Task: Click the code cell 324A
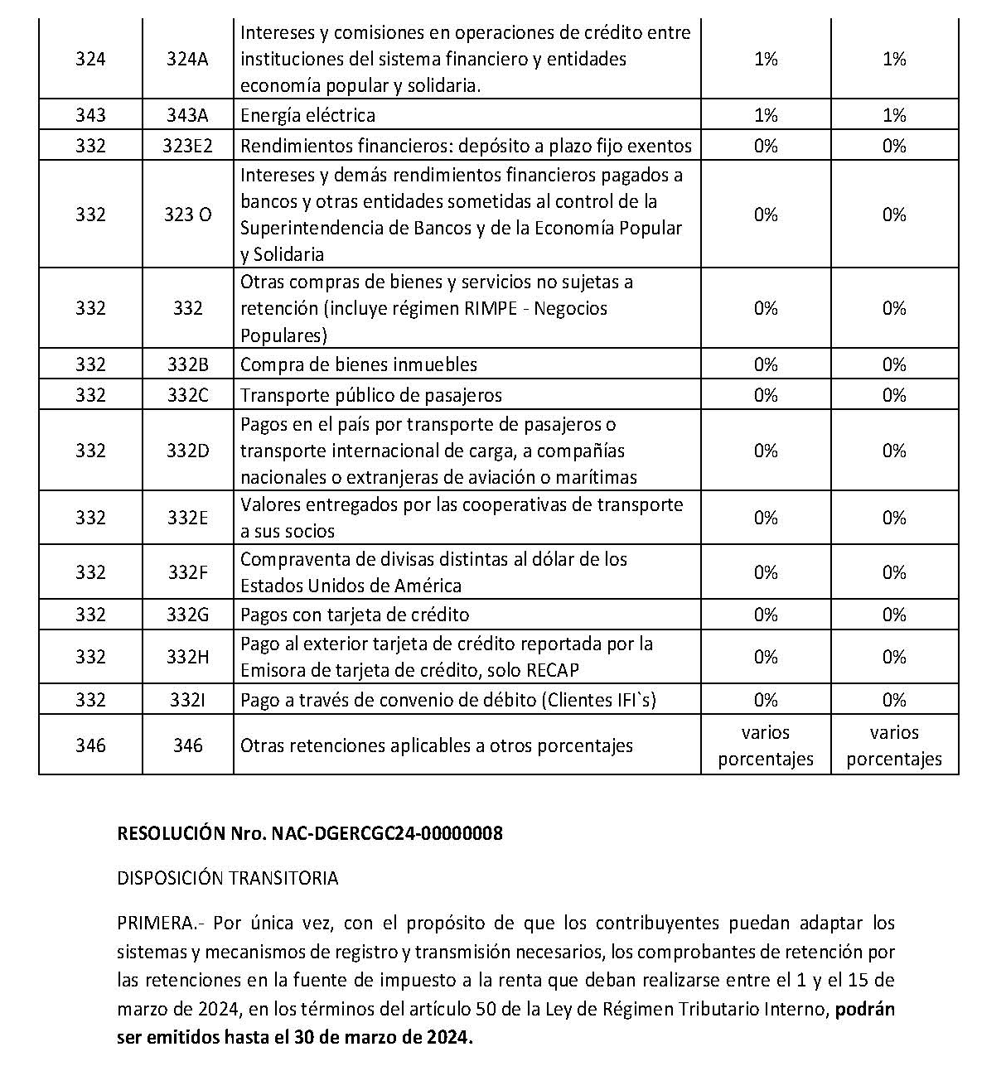[x=187, y=60]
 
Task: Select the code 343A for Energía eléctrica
[x=187, y=116]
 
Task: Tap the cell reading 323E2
[x=187, y=147]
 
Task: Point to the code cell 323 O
[x=187, y=215]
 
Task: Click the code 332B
[x=187, y=365]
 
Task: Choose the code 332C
[x=187, y=396]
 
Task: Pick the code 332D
[x=187, y=451]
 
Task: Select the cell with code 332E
[x=187, y=519]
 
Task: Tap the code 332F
[x=187, y=573]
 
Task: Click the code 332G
[x=187, y=615]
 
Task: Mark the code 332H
[x=187, y=658]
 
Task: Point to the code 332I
[x=187, y=701]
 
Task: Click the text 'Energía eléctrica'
[x=307, y=116]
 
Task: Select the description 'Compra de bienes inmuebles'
[x=359, y=365]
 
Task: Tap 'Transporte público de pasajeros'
[x=371, y=396]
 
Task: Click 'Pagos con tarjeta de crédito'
[x=355, y=615]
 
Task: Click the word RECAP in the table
[x=551, y=670]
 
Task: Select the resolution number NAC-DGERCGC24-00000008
[x=387, y=834]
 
